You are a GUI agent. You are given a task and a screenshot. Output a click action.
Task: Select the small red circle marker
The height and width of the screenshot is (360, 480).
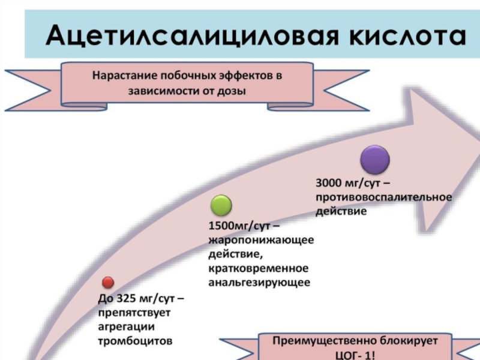click(108, 282)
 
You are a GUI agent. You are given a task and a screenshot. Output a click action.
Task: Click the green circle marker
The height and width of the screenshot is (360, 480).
click(221, 206)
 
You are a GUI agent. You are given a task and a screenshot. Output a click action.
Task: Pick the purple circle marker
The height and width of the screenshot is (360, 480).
click(375, 160)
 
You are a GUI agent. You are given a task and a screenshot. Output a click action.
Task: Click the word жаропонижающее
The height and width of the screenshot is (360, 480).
click(262, 240)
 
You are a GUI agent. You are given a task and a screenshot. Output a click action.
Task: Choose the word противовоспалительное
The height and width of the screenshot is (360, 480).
click(383, 197)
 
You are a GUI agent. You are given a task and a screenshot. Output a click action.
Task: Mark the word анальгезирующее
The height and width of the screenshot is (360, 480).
click(259, 282)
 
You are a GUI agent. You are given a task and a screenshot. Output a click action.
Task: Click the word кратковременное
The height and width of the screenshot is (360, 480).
click(259, 268)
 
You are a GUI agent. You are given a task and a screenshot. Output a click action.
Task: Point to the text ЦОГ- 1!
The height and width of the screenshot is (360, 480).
click(356, 354)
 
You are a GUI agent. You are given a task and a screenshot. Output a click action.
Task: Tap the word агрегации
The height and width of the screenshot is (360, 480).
click(126, 326)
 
